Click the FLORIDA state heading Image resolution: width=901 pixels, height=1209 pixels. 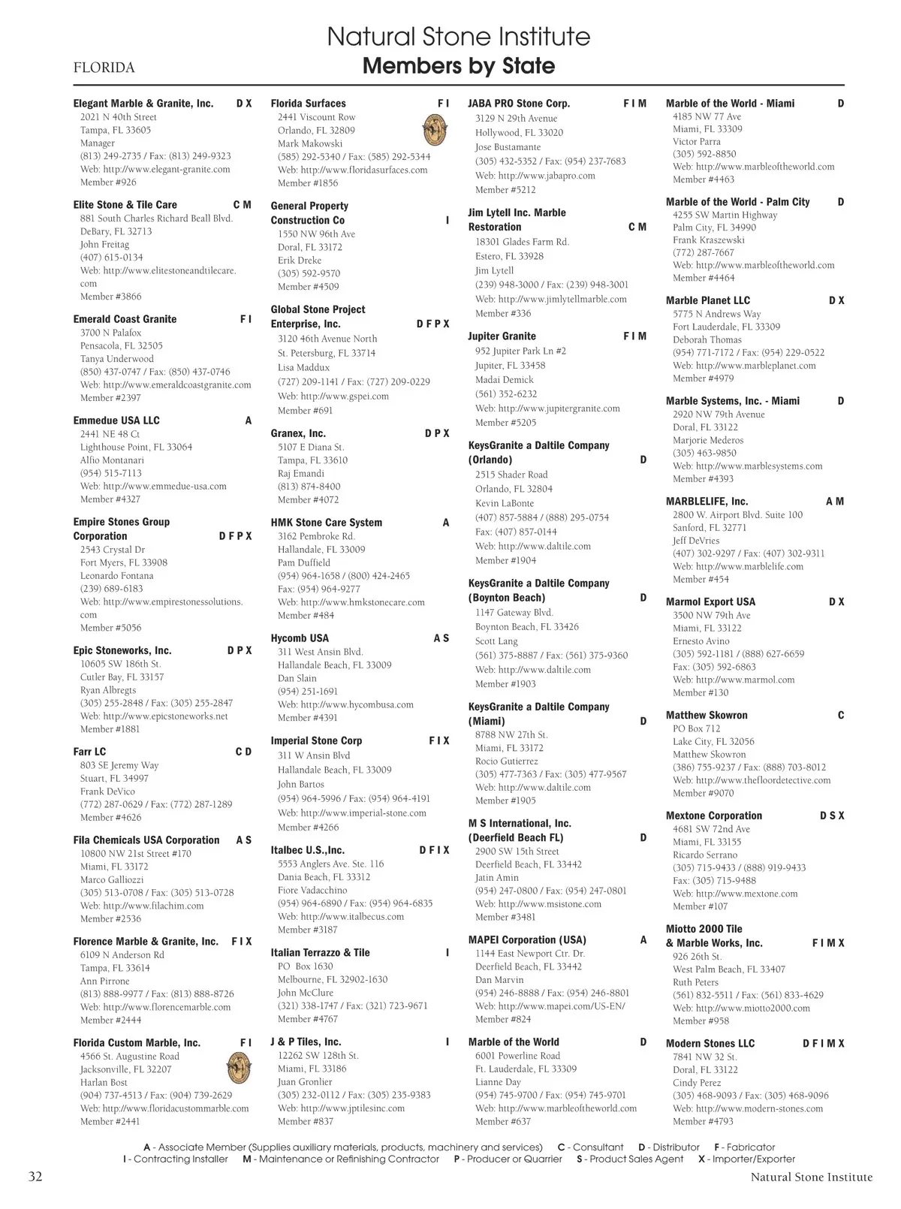coord(104,68)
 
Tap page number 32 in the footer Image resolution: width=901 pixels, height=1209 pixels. coord(35,1176)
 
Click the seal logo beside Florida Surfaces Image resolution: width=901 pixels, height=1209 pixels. coord(435,130)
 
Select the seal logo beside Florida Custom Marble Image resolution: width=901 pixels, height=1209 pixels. coord(238,1067)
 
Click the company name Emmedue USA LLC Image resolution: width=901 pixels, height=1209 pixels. coord(116,421)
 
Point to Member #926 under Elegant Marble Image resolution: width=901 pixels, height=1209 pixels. coord(108,182)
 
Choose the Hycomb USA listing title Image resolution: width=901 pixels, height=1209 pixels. coord(300,638)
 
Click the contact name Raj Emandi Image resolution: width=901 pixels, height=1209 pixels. coord(301,474)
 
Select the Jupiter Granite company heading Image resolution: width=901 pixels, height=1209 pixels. coord(502,336)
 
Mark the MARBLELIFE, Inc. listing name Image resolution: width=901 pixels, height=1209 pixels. coord(707,502)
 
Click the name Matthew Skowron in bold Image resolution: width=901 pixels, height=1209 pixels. coord(707,716)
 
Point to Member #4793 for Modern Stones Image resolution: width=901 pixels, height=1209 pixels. coord(703,1122)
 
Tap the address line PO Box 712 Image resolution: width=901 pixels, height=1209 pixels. coord(696,728)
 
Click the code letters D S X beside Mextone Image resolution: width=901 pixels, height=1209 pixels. coord(831,816)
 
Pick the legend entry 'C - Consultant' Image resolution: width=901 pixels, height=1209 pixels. coord(590,1147)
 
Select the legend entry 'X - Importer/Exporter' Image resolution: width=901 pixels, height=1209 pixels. coord(746,1159)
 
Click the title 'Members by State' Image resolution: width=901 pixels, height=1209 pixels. coord(459,66)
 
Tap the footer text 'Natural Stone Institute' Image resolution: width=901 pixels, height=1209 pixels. coord(811,1177)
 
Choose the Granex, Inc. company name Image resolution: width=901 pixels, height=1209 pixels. coord(298,434)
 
